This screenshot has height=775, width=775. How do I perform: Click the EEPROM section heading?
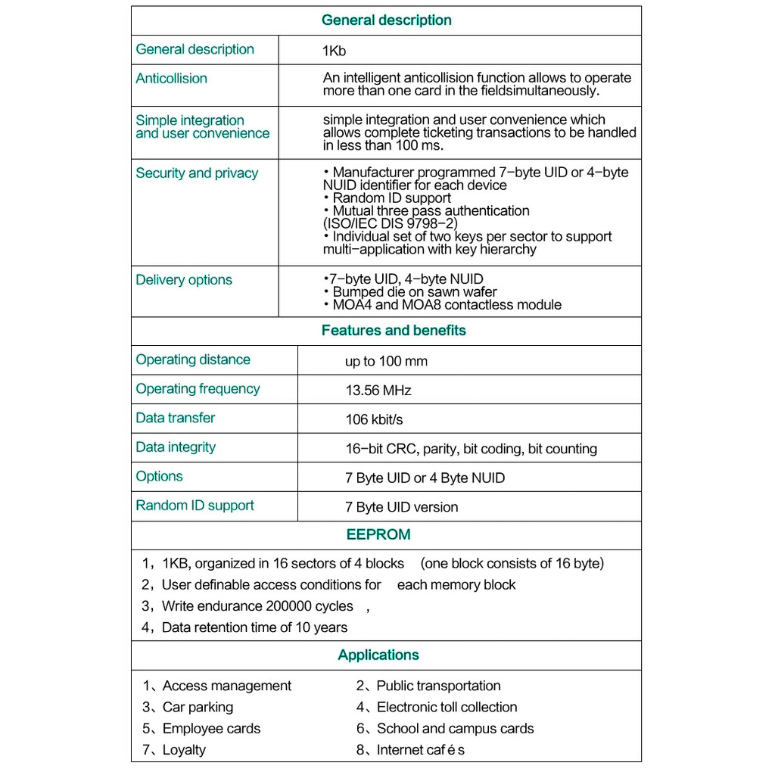coord(378,534)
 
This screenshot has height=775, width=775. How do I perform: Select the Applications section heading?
coord(378,655)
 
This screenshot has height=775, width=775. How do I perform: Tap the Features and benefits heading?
coord(394,330)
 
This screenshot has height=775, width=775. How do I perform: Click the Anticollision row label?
coord(171,78)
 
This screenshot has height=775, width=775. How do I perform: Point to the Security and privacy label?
coord(197,173)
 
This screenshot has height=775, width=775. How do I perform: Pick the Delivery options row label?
coord(184,279)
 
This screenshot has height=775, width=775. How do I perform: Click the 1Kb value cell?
coord(335,51)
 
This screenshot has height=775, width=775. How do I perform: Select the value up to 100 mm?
coord(386,361)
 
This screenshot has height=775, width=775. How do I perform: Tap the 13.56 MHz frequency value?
coord(378,391)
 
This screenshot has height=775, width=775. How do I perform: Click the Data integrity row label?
coord(176,447)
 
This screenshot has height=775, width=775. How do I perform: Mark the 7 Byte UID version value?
coord(402,507)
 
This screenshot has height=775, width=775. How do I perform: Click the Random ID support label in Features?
coord(195,505)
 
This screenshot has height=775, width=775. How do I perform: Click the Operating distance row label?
coord(193,359)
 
